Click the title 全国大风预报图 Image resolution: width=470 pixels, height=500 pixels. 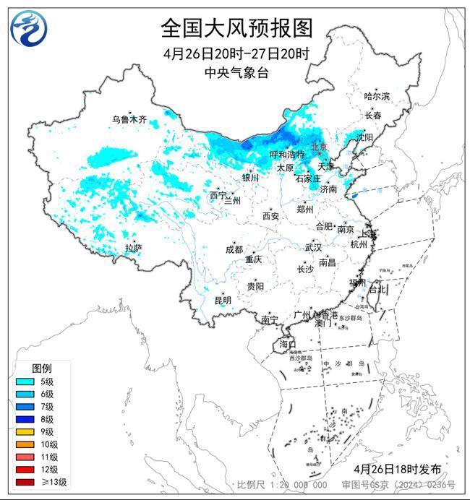point(236,28)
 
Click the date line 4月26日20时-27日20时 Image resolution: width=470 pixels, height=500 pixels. point(236,54)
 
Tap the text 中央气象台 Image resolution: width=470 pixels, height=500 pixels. point(236,72)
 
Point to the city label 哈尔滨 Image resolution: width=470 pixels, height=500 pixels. point(377,96)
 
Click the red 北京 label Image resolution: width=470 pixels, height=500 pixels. point(318,146)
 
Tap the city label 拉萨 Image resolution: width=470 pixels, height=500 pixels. point(133,248)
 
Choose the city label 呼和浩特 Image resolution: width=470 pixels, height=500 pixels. point(286,155)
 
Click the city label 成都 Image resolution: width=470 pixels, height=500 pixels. point(234,249)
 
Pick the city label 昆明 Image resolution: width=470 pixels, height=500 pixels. point(223,300)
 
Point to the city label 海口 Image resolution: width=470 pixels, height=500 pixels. point(288,344)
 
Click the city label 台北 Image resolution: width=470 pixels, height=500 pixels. point(377,289)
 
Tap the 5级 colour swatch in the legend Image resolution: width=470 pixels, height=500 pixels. point(24,382)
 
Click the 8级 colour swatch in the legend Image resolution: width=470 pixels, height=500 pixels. point(24,419)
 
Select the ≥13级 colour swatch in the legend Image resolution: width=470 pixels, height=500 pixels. point(24,482)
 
